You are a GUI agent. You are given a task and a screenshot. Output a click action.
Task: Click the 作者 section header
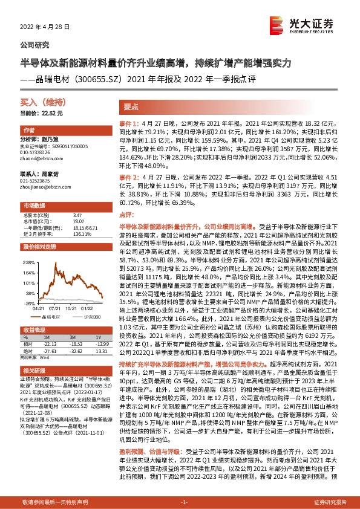pos(29,131)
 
